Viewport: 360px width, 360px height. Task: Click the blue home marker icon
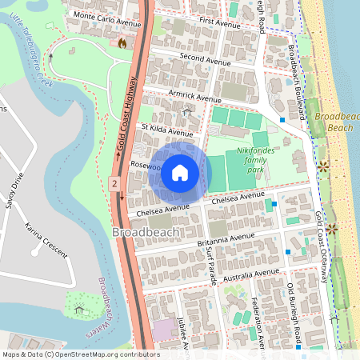179,173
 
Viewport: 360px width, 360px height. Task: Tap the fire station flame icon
122,42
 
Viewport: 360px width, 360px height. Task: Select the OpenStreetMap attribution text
81,354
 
